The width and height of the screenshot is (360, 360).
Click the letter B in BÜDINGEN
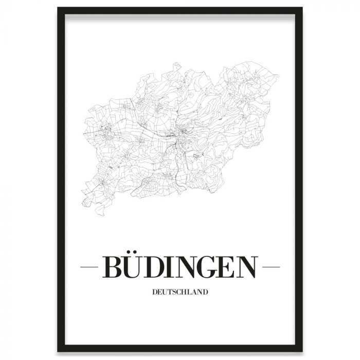113,267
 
